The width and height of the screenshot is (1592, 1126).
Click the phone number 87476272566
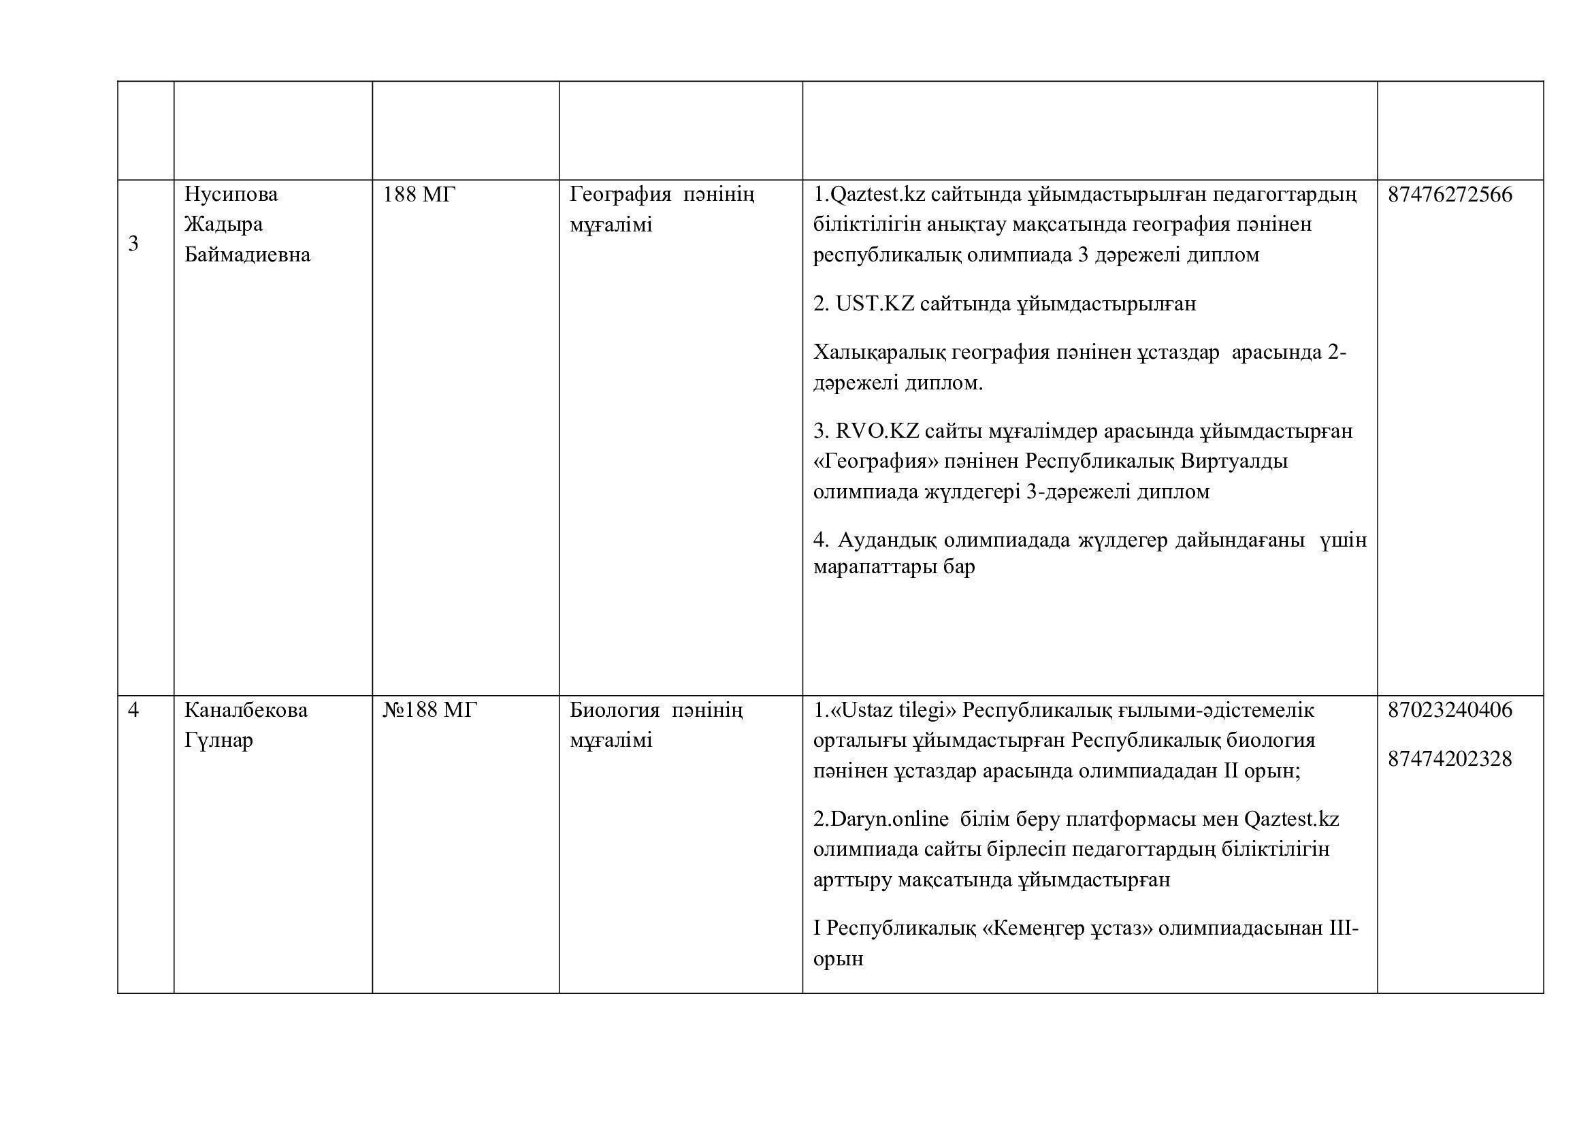pyautogui.click(x=1449, y=194)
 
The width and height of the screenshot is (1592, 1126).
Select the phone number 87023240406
pyautogui.click(x=1449, y=710)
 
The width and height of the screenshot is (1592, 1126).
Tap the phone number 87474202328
pyautogui.click(x=1449, y=759)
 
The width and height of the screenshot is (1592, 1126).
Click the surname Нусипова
pyautogui.click(x=231, y=194)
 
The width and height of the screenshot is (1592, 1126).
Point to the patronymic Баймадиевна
pyautogui.click(x=247, y=255)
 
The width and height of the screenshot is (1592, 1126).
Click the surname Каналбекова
pyautogui.click(x=246, y=710)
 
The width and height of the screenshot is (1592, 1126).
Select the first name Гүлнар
pyautogui.click(x=218, y=741)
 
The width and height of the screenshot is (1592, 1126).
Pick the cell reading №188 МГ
pyautogui.click(x=430, y=710)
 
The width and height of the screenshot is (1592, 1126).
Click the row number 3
pyautogui.click(x=133, y=243)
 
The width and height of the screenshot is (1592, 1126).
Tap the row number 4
pyautogui.click(x=133, y=710)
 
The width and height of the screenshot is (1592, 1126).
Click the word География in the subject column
pyautogui.click(x=620, y=194)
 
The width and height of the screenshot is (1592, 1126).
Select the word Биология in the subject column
pyautogui.click(x=615, y=710)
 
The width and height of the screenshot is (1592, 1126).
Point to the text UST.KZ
pyautogui.click(x=875, y=304)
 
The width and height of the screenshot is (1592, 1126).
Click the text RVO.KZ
pyautogui.click(x=877, y=431)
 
